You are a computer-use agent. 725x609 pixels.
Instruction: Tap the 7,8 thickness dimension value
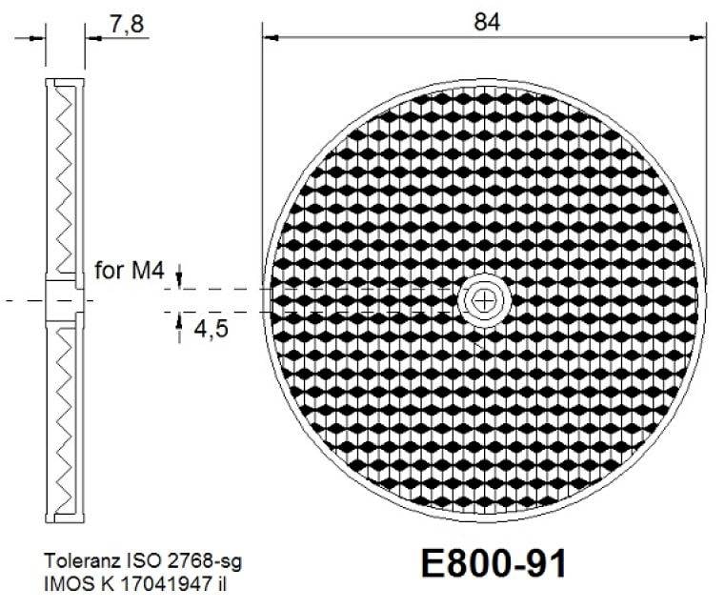(x=127, y=25)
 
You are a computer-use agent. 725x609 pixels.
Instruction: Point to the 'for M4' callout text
(x=131, y=272)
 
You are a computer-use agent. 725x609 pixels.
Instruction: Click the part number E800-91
(x=493, y=564)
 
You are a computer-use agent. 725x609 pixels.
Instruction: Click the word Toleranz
(x=76, y=558)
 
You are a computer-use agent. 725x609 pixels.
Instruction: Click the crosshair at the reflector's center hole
(x=486, y=300)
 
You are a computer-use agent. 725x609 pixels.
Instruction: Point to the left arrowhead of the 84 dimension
(x=270, y=37)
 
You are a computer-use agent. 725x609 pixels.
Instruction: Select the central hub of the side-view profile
(x=65, y=299)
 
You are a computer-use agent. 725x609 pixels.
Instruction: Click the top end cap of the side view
(x=65, y=81)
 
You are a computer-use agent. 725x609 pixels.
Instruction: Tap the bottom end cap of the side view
(x=65, y=519)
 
